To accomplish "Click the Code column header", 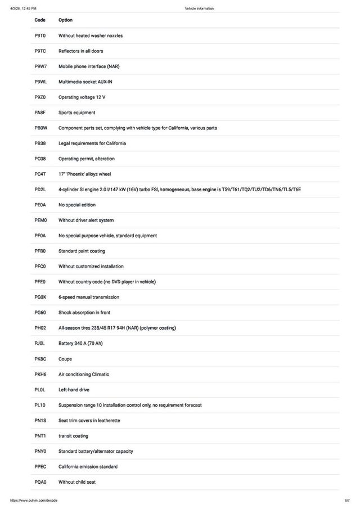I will (x=40, y=20).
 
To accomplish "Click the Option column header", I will (x=65, y=20).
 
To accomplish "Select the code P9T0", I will (x=40, y=35).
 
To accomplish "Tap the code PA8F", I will (x=40, y=112).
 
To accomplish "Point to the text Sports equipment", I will (x=77, y=112).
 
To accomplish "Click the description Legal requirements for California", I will (x=92, y=143).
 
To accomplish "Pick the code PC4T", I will (x=40, y=174).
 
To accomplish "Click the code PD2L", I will (x=40, y=190).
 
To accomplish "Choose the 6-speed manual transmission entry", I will (x=89, y=297).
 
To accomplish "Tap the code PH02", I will (x=40, y=328).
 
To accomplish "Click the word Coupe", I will (x=65, y=359).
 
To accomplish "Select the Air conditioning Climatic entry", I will (x=84, y=374).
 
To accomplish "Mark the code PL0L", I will (x=40, y=390).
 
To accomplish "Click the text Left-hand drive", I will (x=74, y=390).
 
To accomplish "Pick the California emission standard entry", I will (x=88, y=467).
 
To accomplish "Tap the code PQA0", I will (x=40, y=482).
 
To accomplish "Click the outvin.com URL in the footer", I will (x=34, y=500).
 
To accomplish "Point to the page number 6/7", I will (x=347, y=500).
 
